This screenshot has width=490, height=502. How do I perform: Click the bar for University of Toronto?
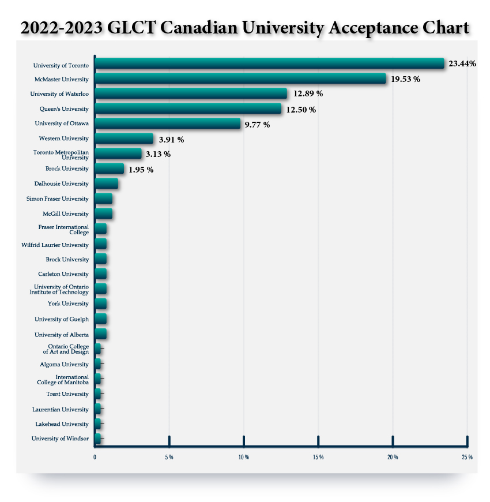tap(269, 63)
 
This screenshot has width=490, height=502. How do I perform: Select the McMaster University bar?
tap(240, 78)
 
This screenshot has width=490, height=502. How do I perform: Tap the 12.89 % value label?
tap(307, 93)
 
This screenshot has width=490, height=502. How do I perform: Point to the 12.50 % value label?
tap(301, 109)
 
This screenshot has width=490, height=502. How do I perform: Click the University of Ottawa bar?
tap(167, 123)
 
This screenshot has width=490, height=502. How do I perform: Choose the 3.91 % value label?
tap(172, 139)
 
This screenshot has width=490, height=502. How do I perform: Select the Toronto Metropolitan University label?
tap(62, 154)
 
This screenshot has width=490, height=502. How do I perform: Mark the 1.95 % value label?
tap(141, 169)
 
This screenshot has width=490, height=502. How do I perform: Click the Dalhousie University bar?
tap(106, 183)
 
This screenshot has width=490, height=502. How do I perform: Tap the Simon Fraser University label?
tap(58, 198)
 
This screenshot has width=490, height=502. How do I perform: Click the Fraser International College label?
tap(63, 230)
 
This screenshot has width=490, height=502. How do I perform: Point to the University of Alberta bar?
tap(100, 334)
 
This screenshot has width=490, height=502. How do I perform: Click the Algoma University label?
tap(64, 364)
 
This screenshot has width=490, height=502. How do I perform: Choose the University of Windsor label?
tap(61, 439)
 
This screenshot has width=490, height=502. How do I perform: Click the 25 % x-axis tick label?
tap(467, 457)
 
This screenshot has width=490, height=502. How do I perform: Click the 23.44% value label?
tap(462, 63)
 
